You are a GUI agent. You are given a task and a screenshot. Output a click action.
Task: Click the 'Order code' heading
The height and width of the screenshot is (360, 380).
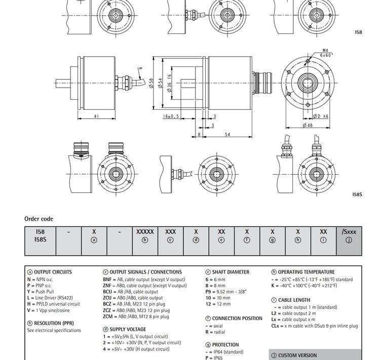(x=39, y=219)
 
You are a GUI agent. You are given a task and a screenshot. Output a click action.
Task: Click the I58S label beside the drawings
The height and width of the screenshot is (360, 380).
(x=357, y=194)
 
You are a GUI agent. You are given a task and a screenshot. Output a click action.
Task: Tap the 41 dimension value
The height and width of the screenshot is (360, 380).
(x=96, y=116)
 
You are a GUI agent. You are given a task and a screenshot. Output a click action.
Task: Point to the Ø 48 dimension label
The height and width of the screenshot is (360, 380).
(x=308, y=125)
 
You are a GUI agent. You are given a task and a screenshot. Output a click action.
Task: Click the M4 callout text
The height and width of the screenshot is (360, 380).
(x=325, y=50)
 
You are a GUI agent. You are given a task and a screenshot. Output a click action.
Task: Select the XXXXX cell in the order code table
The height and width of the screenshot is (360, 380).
(x=145, y=231)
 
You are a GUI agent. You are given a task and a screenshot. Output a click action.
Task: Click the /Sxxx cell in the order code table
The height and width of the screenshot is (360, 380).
(x=349, y=231)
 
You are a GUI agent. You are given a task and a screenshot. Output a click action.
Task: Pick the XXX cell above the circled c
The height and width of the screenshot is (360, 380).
(x=170, y=231)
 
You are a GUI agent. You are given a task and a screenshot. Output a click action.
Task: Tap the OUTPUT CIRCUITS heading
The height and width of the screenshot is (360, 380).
(x=52, y=272)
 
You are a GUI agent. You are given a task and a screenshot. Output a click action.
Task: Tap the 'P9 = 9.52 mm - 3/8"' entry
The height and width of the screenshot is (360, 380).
(x=229, y=292)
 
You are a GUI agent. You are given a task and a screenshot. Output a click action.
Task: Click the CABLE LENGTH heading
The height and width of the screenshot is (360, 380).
(x=297, y=300)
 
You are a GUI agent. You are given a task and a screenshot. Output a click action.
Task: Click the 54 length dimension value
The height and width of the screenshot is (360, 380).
(x=227, y=135)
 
